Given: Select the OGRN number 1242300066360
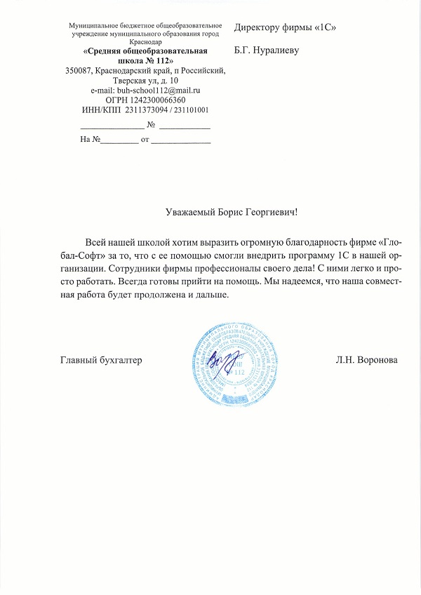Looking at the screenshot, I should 160,100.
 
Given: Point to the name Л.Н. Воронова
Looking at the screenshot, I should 367,360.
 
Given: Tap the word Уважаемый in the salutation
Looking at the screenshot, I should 192,212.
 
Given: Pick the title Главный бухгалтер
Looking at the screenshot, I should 101,360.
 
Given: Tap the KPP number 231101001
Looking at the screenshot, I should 191,109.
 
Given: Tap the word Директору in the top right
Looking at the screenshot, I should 261,28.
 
